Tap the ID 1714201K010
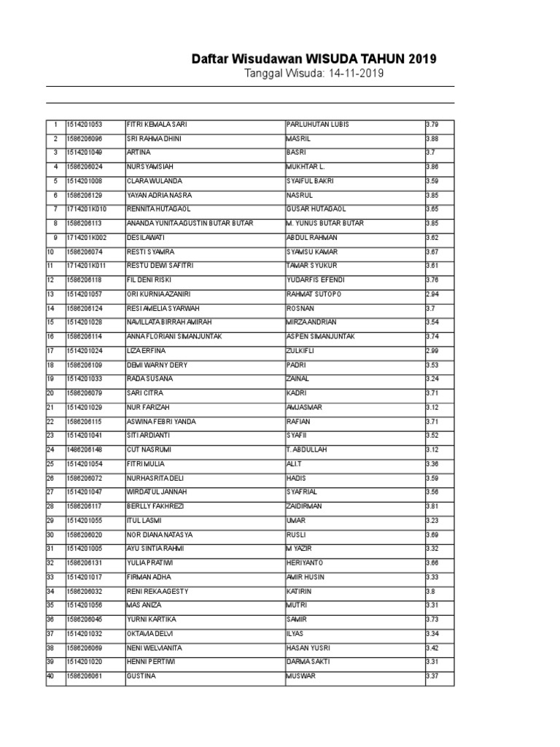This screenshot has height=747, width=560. point(86,209)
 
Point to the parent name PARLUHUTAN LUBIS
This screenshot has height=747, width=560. point(318,124)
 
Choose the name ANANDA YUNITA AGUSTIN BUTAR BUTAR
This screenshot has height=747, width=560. point(190,223)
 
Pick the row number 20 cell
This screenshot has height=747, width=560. point(52,393)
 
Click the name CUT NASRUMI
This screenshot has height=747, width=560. point(150,449)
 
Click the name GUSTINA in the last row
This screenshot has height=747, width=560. point(141,676)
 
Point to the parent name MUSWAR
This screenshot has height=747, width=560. point(301,676)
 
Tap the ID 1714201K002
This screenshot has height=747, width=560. point(86,238)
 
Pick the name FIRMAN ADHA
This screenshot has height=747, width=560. point(149,577)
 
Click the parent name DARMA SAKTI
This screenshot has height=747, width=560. point(308,662)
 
